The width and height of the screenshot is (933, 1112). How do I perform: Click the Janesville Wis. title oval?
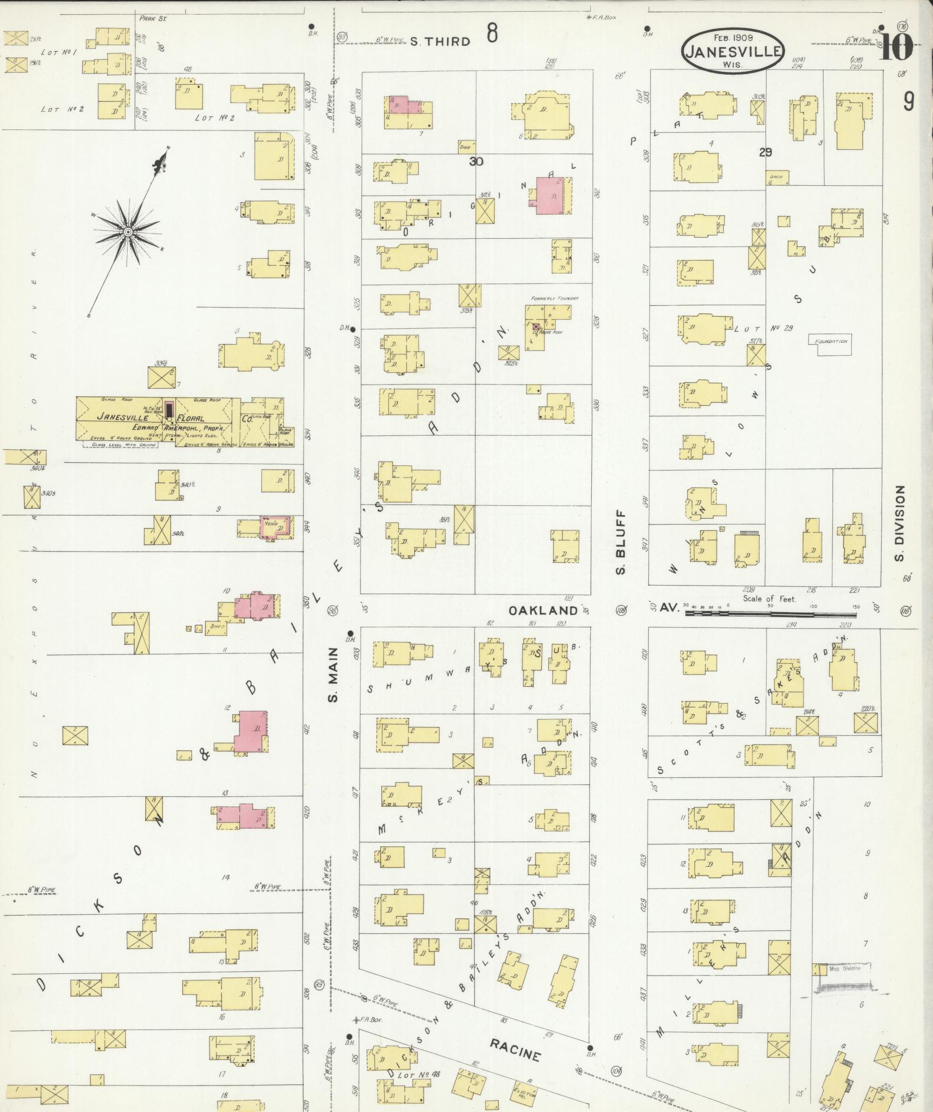tap(733, 51)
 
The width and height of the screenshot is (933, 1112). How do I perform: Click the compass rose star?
tap(127, 233)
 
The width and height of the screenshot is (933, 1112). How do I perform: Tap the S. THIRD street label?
tap(440, 42)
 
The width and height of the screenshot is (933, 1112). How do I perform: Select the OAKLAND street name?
tap(543, 610)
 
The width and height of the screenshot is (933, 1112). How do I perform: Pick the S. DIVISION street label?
tap(899, 523)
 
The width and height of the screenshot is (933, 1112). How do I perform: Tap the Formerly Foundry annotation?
tap(555, 299)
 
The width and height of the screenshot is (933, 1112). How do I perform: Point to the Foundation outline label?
tap(831, 342)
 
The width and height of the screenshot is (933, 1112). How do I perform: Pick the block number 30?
tap(475, 161)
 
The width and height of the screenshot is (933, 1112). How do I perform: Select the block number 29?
tap(765, 152)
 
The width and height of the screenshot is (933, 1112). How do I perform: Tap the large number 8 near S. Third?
tap(492, 33)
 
